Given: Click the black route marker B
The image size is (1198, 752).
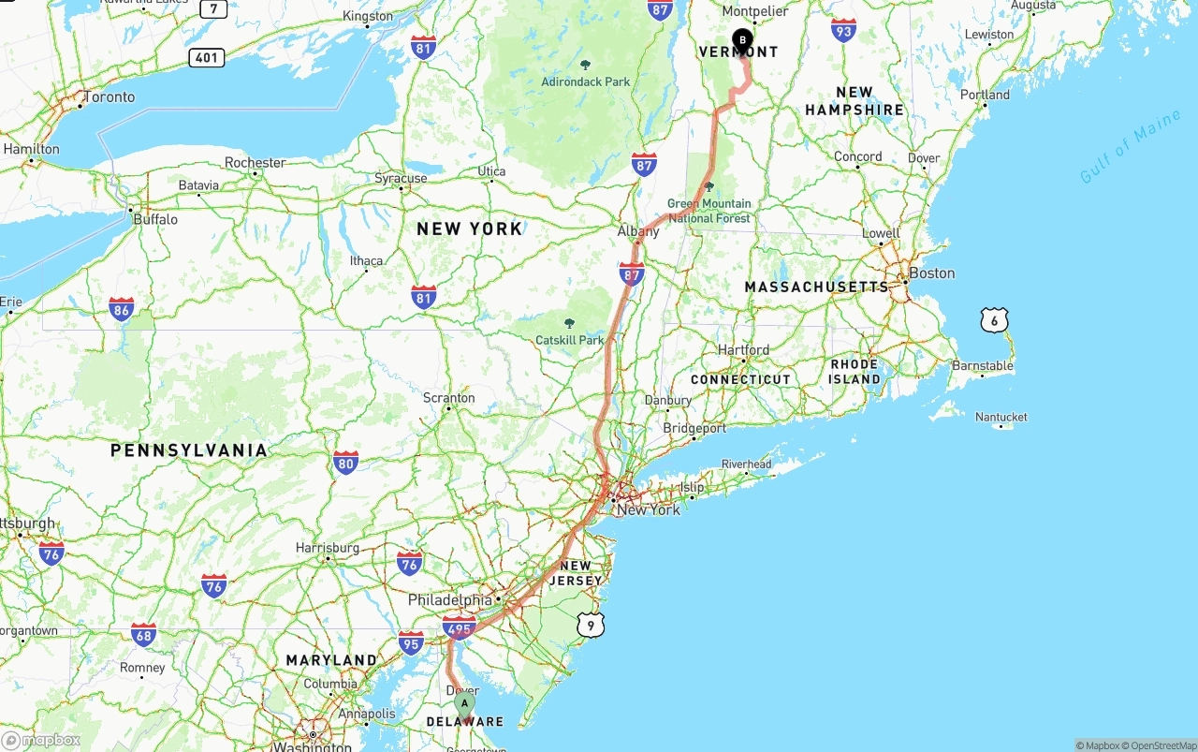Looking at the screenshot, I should point(742,40).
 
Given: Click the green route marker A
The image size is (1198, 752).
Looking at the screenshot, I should point(464,704).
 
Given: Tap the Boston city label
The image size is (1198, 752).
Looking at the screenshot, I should point(931,273).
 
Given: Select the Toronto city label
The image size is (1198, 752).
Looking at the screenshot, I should point(109,97).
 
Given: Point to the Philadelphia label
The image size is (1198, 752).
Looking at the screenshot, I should point(449,600).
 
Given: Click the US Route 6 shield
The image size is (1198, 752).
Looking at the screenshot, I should point(994,320).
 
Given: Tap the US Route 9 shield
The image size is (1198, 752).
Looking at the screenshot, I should point(590,625).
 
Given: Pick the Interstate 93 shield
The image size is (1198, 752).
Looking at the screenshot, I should point(843,30).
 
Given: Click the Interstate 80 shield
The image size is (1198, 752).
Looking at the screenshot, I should point(345,462).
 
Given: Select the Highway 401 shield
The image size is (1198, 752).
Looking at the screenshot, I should point(206,58).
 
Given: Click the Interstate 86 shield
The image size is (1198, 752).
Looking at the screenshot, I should point(121,309).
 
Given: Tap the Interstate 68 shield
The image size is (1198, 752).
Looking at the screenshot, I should point(143,635).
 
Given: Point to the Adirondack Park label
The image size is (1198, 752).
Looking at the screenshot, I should point(586,81).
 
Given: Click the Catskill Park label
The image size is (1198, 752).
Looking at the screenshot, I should point(570,340).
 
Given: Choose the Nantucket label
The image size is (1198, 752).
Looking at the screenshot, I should point(1001,417).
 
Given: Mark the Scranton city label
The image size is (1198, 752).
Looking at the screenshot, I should point(449,398).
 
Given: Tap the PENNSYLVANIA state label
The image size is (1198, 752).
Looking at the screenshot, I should point(189,450).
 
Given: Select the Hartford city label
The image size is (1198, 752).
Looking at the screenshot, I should point(743,350).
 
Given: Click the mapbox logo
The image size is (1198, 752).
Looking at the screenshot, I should point(41,740).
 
